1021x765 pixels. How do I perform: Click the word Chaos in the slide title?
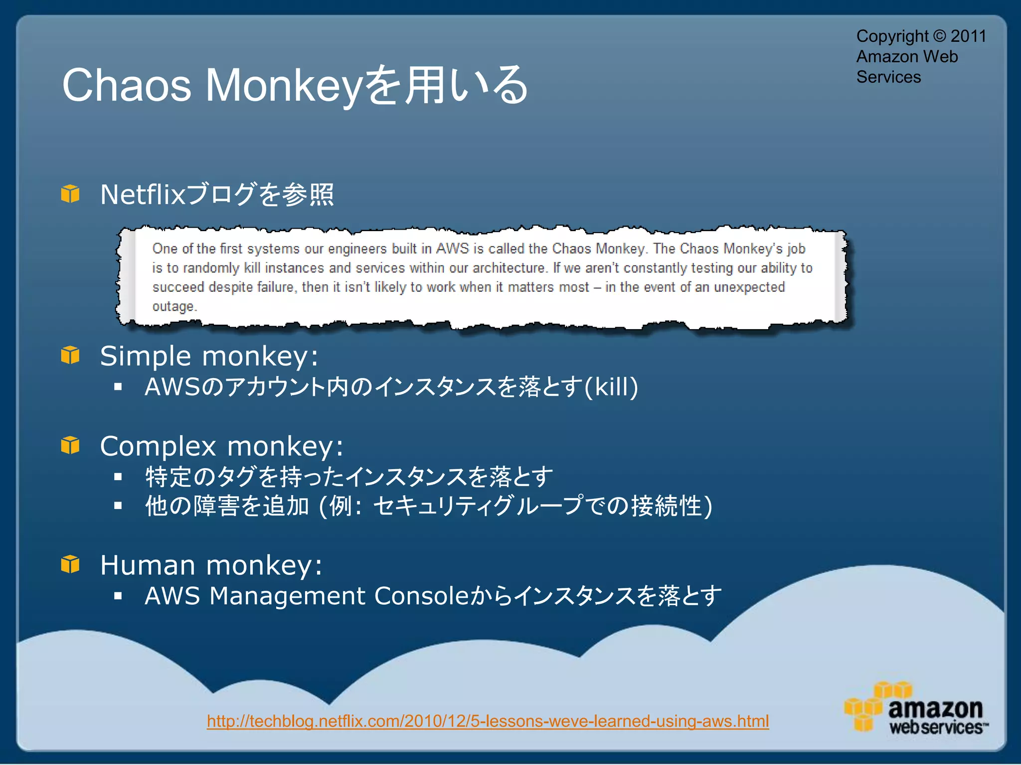click(127, 85)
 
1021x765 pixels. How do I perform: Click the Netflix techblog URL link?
click(488, 721)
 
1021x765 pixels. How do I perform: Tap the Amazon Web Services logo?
click(915, 708)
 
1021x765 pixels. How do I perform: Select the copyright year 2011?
click(968, 36)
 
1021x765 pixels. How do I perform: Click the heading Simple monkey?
click(209, 356)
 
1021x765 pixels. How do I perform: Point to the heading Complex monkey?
click(221, 446)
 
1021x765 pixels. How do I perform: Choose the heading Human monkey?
click(211, 565)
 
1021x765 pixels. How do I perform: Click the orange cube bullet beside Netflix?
click(70, 194)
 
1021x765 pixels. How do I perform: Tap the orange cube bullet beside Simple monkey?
click(70, 355)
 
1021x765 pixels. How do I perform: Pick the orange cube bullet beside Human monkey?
click(70, 564)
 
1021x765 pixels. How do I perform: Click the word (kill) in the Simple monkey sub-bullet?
click(611, 387)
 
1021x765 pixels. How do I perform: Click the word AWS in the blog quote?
click(453, 248)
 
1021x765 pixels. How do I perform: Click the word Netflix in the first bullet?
click(143, 194)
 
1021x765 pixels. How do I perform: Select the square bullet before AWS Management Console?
click(118, 596)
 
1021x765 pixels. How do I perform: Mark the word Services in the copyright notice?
click(888, 77)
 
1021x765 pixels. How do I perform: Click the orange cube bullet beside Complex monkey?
click(70, 445)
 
